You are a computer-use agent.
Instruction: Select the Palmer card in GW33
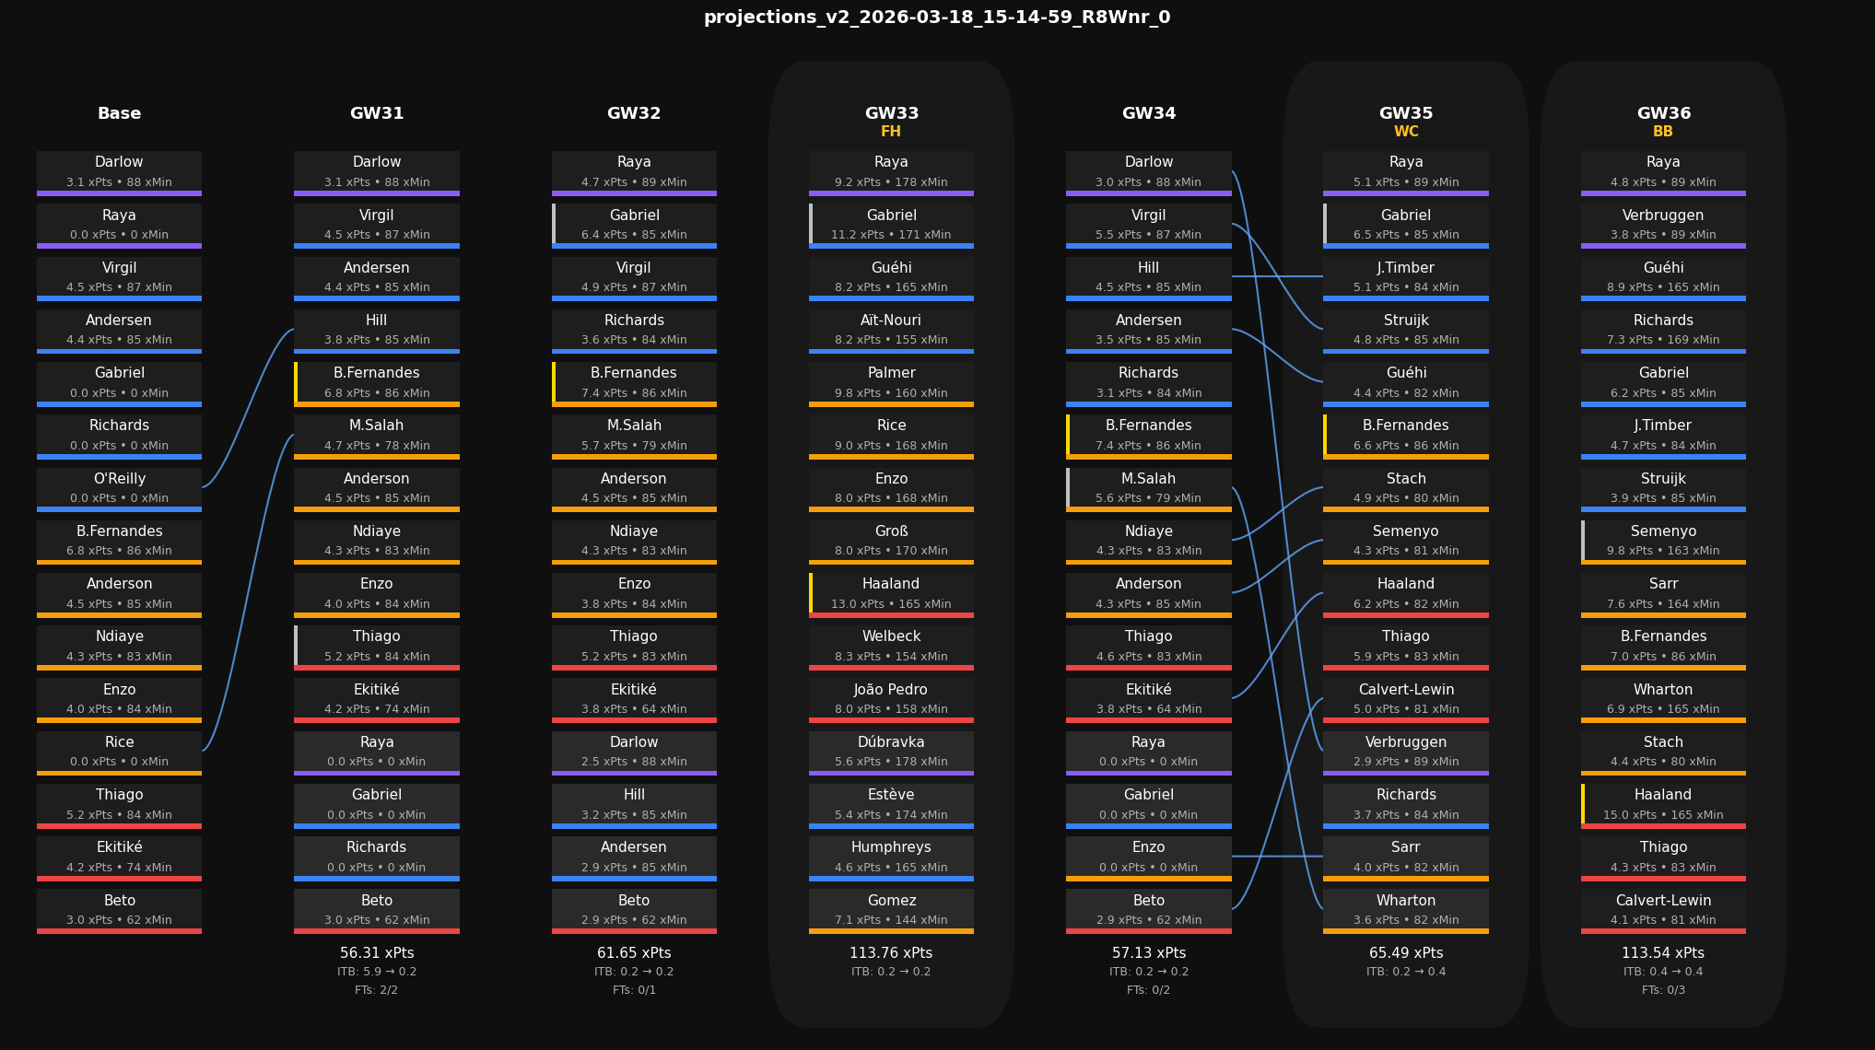(891, 383)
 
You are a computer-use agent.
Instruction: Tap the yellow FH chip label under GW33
(891, 132)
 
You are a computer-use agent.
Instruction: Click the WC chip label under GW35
(1406, 132)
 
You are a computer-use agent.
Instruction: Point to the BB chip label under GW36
(1663, 132)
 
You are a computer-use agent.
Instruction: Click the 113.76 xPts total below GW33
(891, 953)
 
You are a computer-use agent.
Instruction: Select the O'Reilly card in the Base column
(119, 488)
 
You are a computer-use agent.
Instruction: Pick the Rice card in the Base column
(119, 752)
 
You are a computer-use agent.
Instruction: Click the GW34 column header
(1148, 113)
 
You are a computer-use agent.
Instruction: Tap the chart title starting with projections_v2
(937, 17)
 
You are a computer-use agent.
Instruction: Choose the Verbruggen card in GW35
(1406, 752)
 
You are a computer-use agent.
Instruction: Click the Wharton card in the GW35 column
(1406, 910)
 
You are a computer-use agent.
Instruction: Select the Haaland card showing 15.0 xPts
(1663, 804)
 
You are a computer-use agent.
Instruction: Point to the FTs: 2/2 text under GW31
(376, 990)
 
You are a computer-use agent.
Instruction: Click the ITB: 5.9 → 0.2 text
(376, 972)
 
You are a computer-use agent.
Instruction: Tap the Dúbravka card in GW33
(891, 752)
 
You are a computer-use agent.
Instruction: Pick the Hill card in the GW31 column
(376, 330)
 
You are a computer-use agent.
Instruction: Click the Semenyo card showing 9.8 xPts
(1663, 541)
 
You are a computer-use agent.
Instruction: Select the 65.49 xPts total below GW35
(1406, 953)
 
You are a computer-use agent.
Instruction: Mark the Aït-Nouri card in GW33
(891, 330)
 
